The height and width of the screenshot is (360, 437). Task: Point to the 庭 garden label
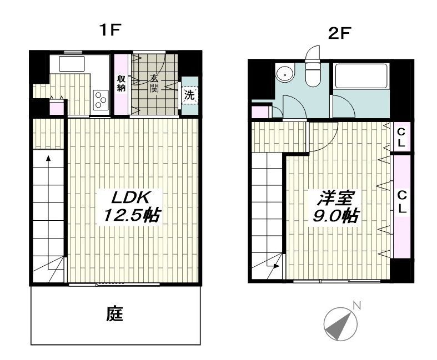(114, 315)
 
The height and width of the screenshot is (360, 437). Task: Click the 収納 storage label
(121, 83)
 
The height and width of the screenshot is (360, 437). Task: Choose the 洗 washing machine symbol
(190, 94)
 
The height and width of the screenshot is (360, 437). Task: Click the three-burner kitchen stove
(101, 100)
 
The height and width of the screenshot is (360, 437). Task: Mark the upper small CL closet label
(401, 136)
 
